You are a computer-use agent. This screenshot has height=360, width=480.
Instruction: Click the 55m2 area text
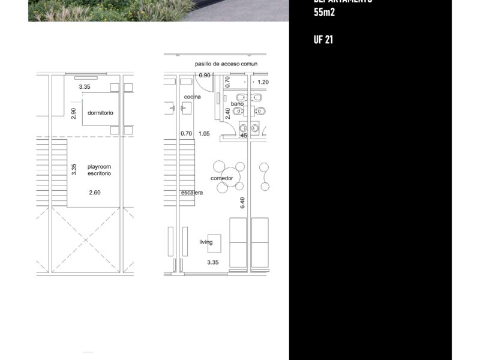click(x=324, y=12)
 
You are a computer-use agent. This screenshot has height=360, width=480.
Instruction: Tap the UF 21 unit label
click(x=323, y=40)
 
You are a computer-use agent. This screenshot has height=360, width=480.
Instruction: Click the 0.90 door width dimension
click(x=205, y=76)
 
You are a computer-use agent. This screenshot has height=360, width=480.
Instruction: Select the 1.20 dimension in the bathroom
click(x=263, y=82)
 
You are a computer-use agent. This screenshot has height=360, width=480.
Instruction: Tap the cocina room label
click(x=192, y=97)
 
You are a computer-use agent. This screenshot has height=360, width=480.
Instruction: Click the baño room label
click(x=237, y=104)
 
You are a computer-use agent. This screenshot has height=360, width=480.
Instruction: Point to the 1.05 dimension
click(x=205, y=134)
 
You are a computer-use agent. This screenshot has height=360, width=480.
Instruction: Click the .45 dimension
click(x=243, y=136)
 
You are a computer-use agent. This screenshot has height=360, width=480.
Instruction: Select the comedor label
click(x=221, y=178)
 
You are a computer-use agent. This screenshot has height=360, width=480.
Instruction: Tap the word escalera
click(x=192, y=193)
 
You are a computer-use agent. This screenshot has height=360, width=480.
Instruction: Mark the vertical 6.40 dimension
click(x=242, y=203)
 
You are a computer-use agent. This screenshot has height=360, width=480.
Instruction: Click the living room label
click(x=206, y=242)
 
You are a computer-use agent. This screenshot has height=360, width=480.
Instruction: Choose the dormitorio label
click(x=100, y=113)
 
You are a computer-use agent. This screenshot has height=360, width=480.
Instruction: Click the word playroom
click(x=99, y=166)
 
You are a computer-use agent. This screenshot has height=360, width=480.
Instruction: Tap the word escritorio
click(x=99, y=173)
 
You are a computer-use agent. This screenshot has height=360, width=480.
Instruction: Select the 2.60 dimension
click(x=95, y=193)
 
